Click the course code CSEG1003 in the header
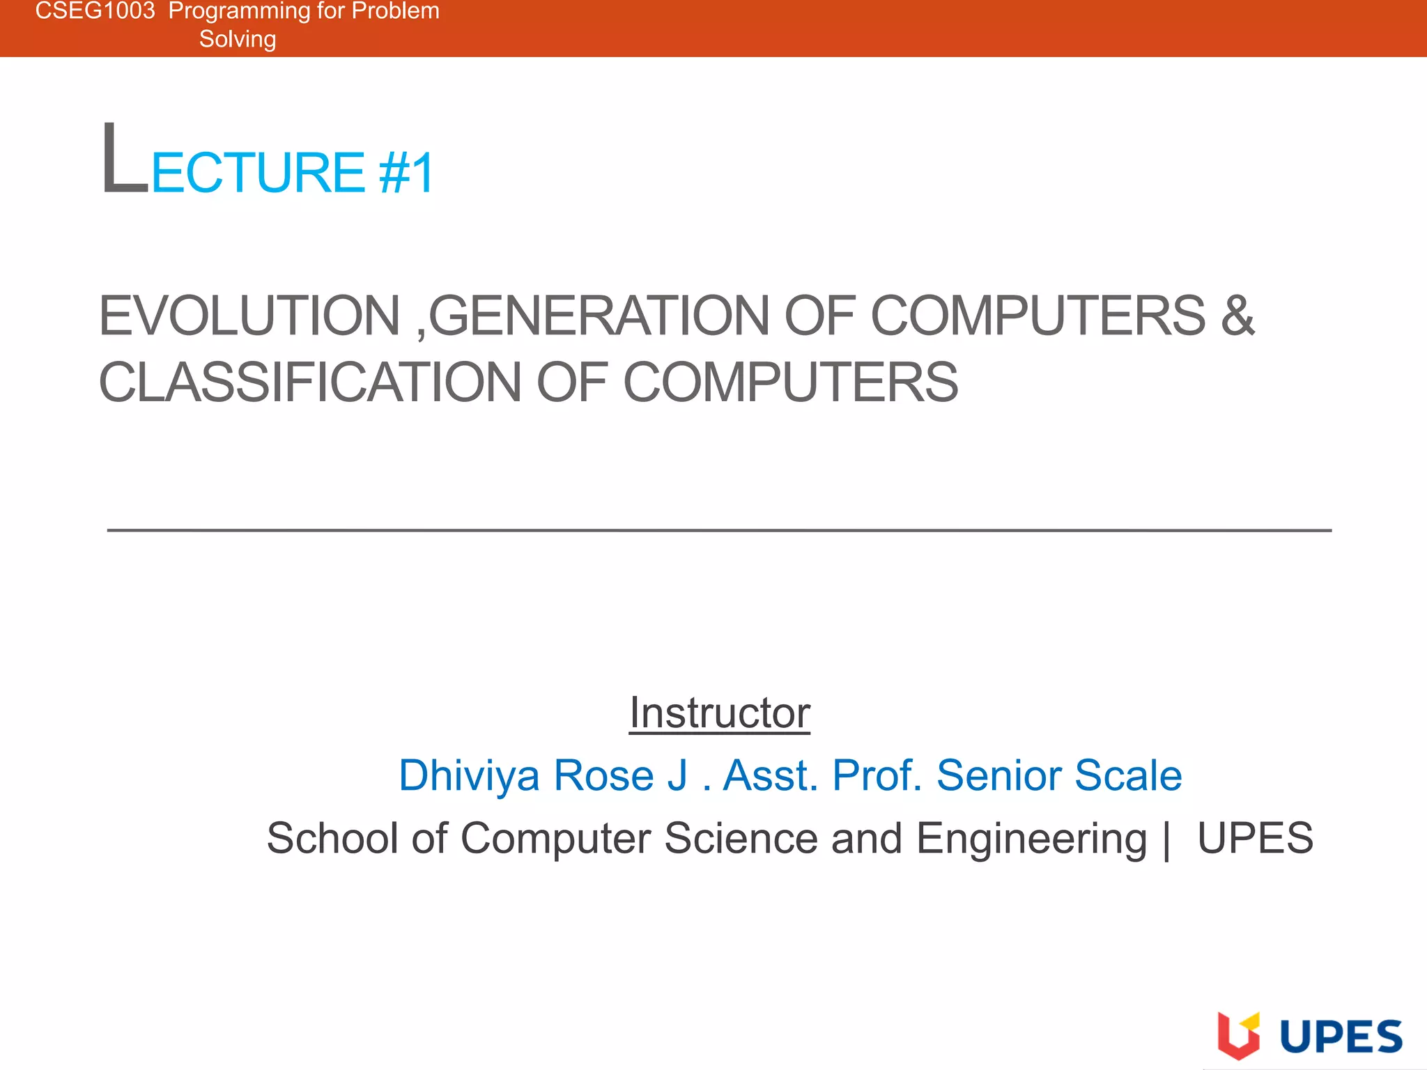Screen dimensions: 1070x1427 click(x=95, y=10)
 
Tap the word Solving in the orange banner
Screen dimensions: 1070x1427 click(x=238, y=39)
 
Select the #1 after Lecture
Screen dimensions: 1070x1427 click(x=407, y=173)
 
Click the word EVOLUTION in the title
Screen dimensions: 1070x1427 click(x=249, y=316)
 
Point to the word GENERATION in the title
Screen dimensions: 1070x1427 click(x=599, y=316)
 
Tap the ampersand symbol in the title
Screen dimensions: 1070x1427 click(x=1237, y=316)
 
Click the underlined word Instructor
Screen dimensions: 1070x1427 click(x=720, y=713)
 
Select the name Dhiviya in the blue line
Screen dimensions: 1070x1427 click(x=469, y=775)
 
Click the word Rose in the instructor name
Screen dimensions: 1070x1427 click(x=603, y=775)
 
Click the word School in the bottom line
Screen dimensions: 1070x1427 click(x=332, y=838)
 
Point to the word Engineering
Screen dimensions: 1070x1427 click(x=1031, y=838)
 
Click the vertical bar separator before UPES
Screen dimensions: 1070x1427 click(x=1166, y=839)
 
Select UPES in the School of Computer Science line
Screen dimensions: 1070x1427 click(x=1255, y=838)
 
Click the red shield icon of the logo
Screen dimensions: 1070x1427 click(x=1238, y=1036)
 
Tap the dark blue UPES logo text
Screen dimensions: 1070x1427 click(x=1341, y=1037)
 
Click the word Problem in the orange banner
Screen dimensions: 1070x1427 click(x=395, y=10)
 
